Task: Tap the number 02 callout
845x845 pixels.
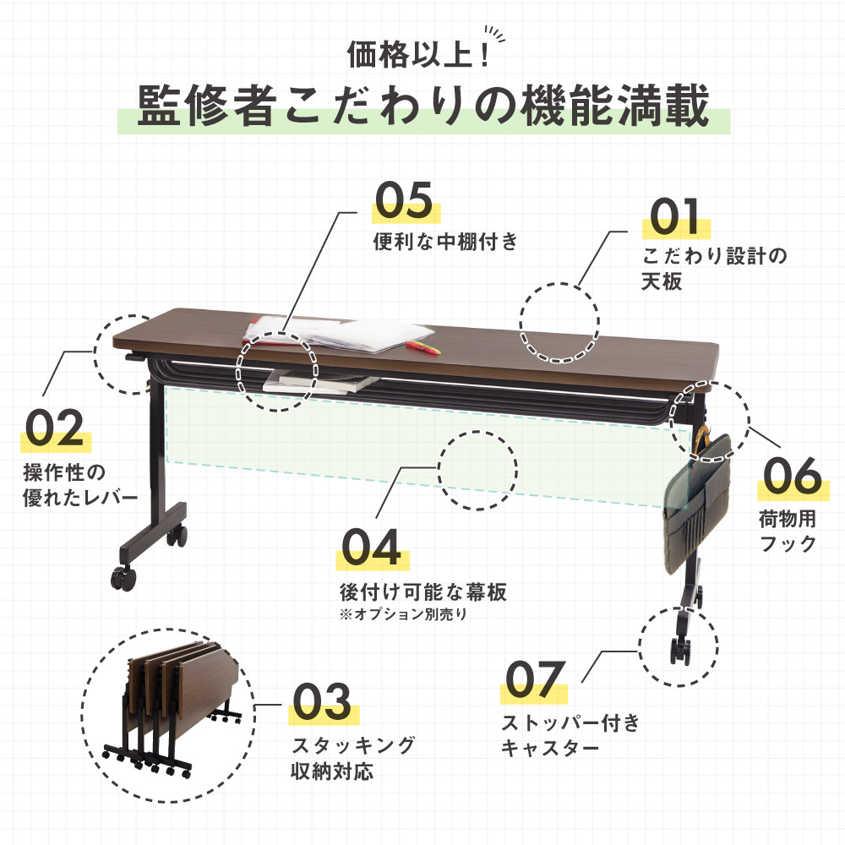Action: coord(54,428)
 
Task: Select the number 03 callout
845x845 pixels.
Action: coord(321,701)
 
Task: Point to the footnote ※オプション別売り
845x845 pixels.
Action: coord(401,615)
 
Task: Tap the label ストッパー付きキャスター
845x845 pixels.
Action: coord(570,735)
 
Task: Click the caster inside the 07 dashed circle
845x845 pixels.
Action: coord(679,650)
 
